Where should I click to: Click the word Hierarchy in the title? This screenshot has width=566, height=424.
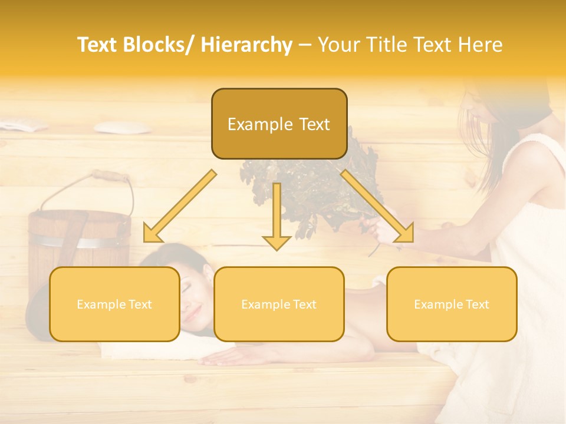pos(246,45)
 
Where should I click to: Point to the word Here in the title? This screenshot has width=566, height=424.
pos(481,45)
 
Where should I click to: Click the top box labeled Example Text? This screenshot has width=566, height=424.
pos(279,124)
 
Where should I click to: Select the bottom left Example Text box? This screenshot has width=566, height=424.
pos(114,304)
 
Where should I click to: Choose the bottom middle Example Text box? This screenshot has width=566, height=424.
pos(279,304)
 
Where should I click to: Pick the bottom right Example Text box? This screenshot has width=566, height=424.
pos(452,304)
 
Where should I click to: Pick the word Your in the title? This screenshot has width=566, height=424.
pos(338,45)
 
